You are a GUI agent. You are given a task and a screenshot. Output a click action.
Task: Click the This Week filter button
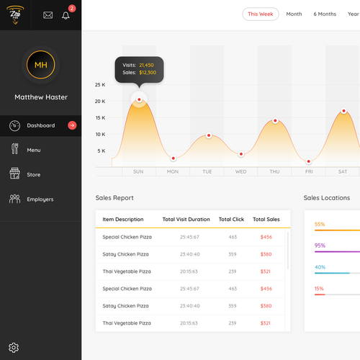[260, 14]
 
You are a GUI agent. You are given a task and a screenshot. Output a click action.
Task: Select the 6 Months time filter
[325, 14]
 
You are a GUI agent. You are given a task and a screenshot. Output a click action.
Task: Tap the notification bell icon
[66, 14]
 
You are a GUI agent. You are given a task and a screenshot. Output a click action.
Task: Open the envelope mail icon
[48, 14]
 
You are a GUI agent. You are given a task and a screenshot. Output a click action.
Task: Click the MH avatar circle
[40, 66]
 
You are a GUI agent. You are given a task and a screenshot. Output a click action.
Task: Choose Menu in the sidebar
[34, 150]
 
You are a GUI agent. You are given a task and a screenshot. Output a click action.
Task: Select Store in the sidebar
[34, 174]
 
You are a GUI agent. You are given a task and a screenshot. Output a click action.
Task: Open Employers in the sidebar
[40, 199]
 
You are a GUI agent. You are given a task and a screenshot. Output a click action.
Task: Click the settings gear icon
[14, 347]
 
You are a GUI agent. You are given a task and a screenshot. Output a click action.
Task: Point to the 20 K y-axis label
[100, 102]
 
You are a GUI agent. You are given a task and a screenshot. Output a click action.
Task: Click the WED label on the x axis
[240, 171]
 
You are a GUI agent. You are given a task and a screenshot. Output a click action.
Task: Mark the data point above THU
[275, 121]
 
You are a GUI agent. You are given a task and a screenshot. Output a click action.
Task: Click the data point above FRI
[309, 162]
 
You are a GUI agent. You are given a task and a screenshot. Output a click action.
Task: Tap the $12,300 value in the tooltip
[147, 73]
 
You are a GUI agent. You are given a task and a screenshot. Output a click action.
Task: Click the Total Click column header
[231, 220]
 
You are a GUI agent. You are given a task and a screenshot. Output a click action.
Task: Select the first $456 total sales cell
[266, 237]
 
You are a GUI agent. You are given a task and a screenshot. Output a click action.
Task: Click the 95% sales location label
[320, 246]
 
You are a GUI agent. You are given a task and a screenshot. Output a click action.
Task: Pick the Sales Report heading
[114, 198]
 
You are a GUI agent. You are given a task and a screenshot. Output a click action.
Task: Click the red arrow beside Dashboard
[72, 125]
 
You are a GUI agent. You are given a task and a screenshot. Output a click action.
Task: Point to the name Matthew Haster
[40, 97]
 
